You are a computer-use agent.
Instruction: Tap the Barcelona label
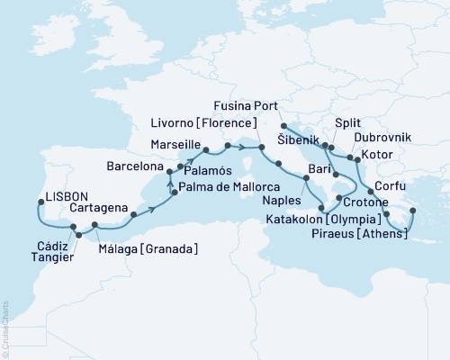coord(135,167)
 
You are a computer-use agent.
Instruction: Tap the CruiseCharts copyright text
coord(5,325)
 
